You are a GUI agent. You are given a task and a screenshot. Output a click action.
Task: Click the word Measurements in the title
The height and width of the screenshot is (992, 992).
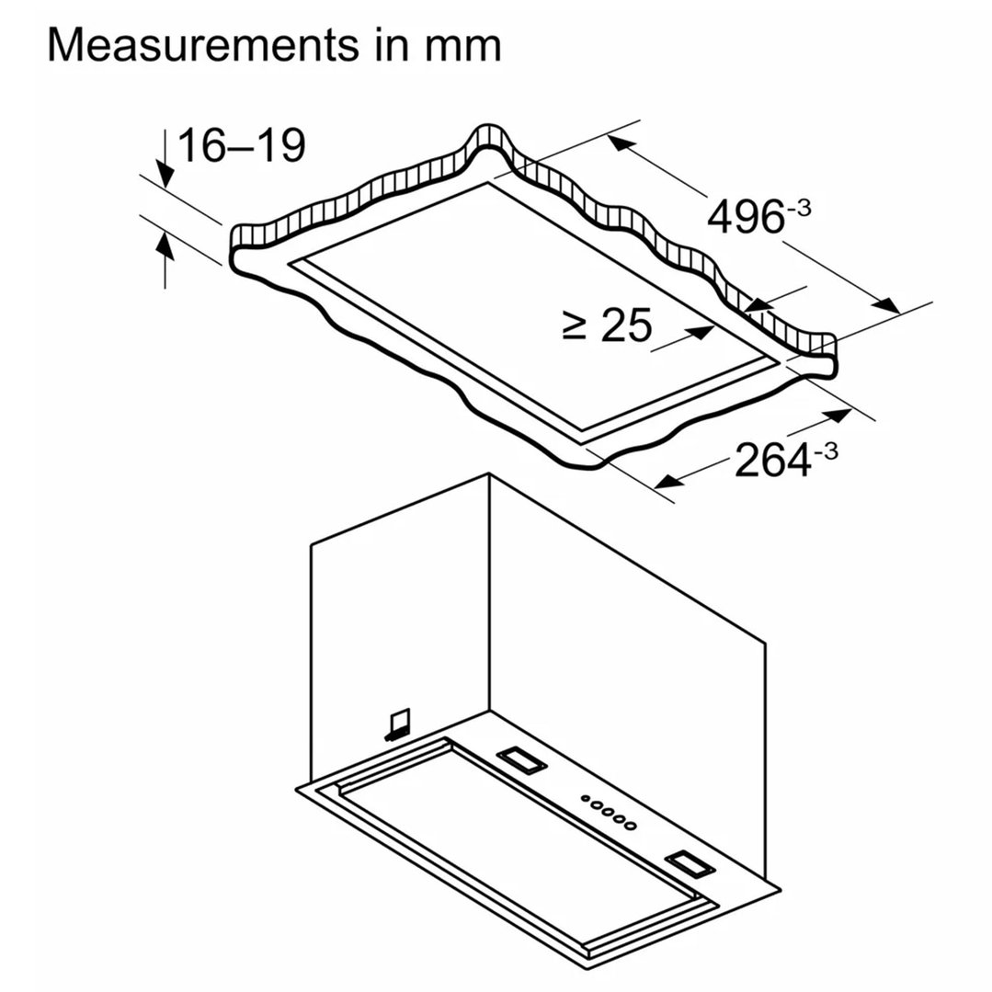click(x=202, y=45)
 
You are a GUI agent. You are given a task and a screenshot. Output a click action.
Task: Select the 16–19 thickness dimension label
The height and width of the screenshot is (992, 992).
click(x=242, y=145)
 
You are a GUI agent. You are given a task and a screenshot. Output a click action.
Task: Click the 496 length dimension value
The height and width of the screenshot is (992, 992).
click(x=746, y=217)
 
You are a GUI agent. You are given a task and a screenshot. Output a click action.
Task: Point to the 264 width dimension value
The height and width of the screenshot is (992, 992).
click(x=772, y=460)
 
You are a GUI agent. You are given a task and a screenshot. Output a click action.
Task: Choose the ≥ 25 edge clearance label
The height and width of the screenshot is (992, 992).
click(x=607, y=325)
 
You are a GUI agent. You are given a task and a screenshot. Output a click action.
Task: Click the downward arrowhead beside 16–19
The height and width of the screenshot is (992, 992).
click(x=165, y=174)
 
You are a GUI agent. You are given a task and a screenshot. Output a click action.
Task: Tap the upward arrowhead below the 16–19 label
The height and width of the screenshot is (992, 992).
click(x=165, y=245)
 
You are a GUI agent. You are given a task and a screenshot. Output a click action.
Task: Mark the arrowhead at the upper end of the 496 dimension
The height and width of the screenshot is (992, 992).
click(x=621, y=144)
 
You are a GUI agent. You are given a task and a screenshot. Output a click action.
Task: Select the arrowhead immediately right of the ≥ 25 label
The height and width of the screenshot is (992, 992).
click(x=703, y=332)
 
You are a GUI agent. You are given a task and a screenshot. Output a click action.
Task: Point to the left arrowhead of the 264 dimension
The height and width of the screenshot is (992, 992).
click(x=669, y=481)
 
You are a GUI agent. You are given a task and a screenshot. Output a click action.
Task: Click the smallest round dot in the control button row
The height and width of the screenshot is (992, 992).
click(x=586, y=798)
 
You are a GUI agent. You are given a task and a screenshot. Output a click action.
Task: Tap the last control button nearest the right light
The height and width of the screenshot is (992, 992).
click(x=630, y=826)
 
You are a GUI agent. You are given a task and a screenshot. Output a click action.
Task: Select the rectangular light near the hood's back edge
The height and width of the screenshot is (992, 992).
click(x=521, y=759)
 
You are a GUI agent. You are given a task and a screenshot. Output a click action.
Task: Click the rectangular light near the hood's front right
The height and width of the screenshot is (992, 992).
click(x=690, y=864)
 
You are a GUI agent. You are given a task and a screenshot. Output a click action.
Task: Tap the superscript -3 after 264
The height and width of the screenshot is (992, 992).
click(x=827, y=450)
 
